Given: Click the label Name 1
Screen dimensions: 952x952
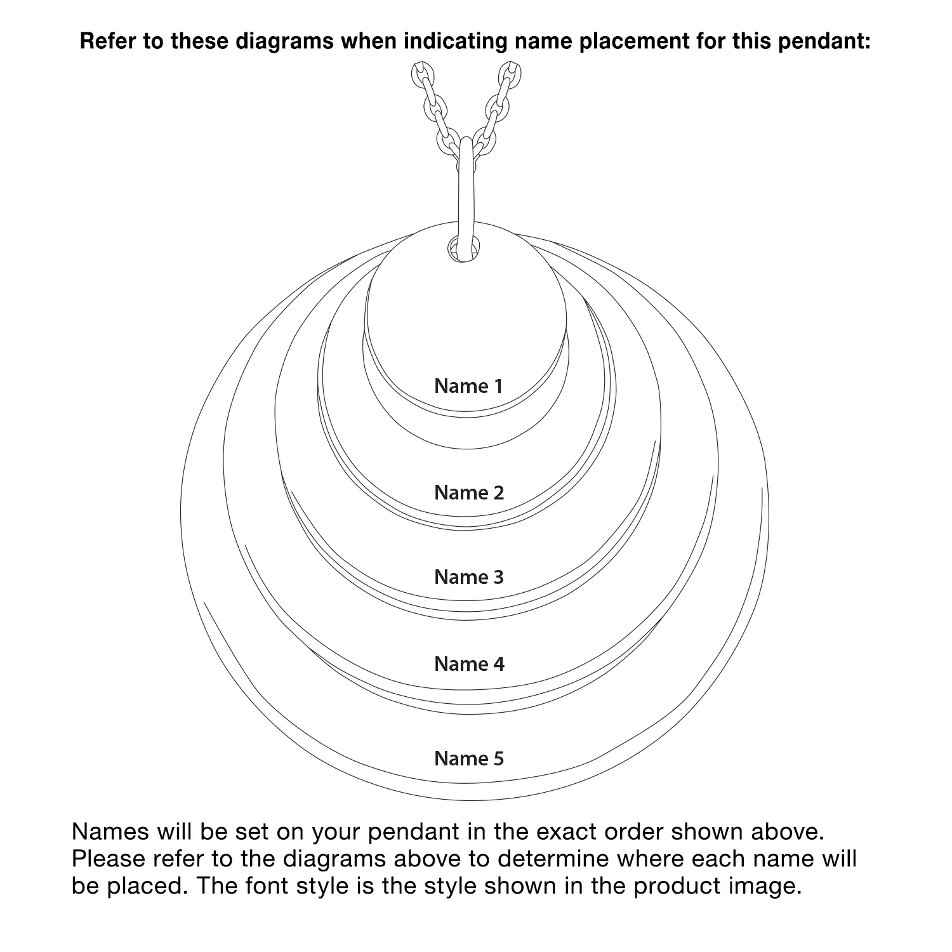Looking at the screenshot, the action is pyautogui.click(x=468, y=386).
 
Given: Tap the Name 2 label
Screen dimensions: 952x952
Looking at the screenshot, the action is pyautogui.click(x=469, y=493).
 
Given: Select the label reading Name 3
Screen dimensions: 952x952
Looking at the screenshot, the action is pyautogui.click(x=469, y=577).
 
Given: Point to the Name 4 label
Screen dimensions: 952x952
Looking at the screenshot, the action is pyautogui.click(x=470, y=664).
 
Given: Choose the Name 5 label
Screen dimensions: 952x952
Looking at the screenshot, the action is pyautogui.click(x=469, y=758).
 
